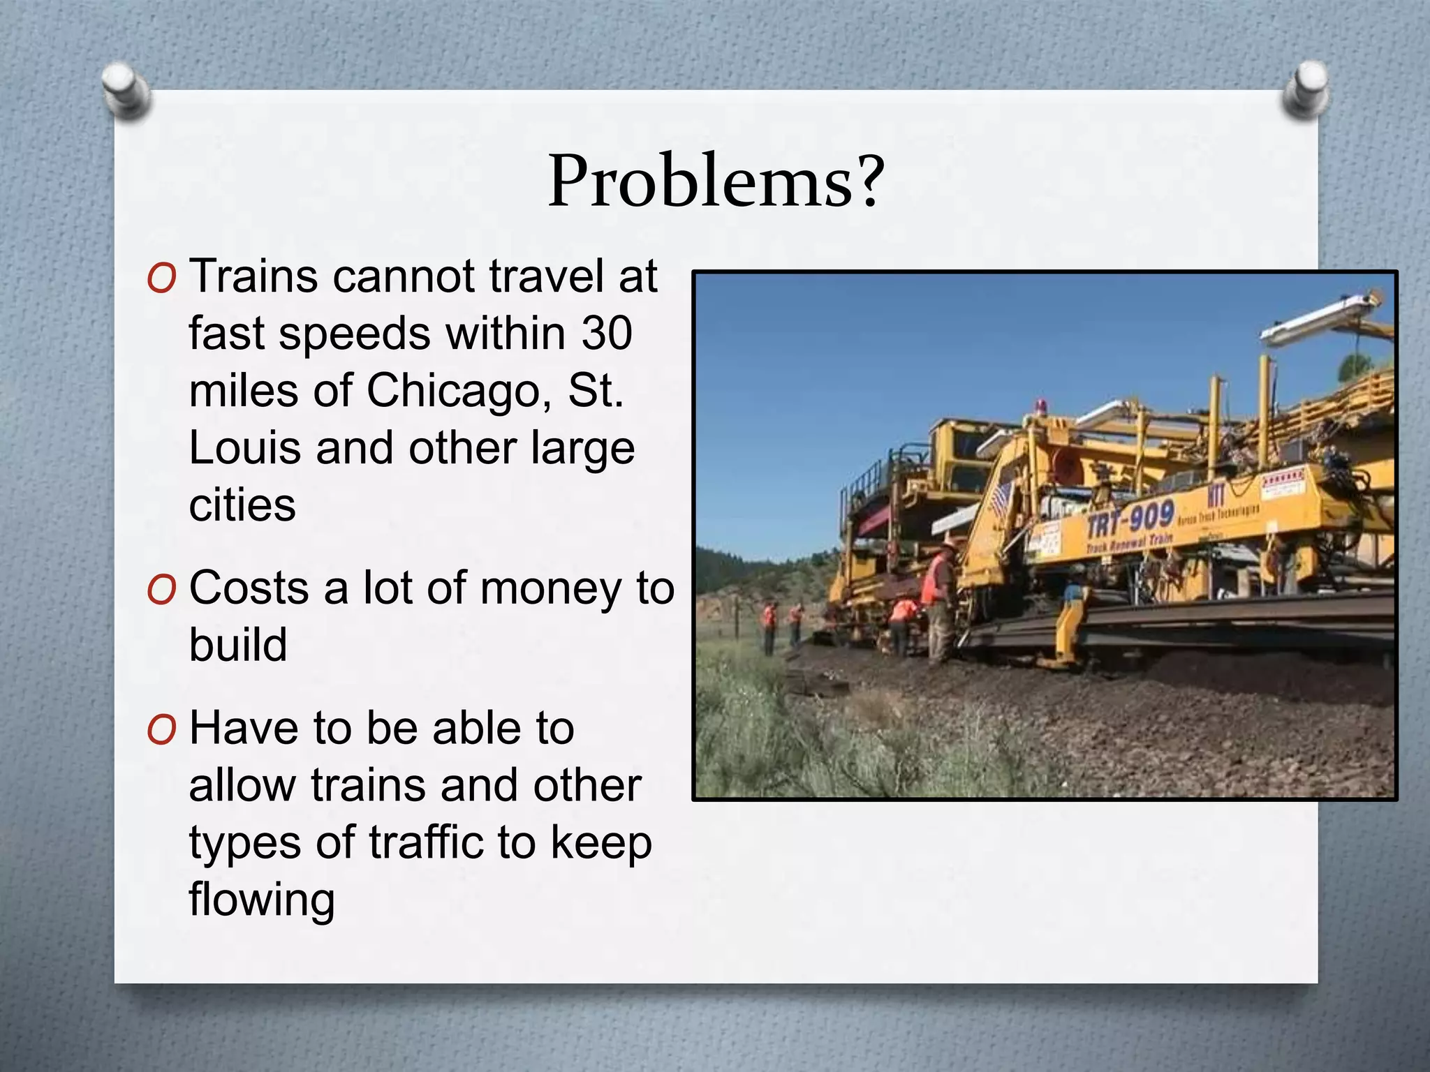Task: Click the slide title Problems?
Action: pos(716,181)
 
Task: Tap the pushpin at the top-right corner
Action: pos(1306,89)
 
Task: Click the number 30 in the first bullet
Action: pos(607,333)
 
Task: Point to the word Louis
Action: pos(245,447)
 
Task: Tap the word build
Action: pos(238,644)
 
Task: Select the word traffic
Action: pos(427,842)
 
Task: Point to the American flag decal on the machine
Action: pos(1001,498)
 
